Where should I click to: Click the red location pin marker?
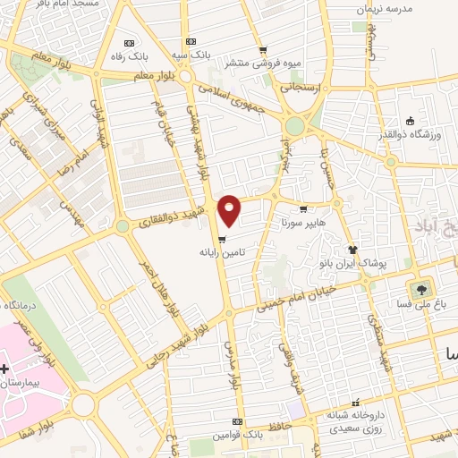point(230,209)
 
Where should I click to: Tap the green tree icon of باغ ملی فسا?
point(419,290)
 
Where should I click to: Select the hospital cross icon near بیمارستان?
point(6,369)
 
